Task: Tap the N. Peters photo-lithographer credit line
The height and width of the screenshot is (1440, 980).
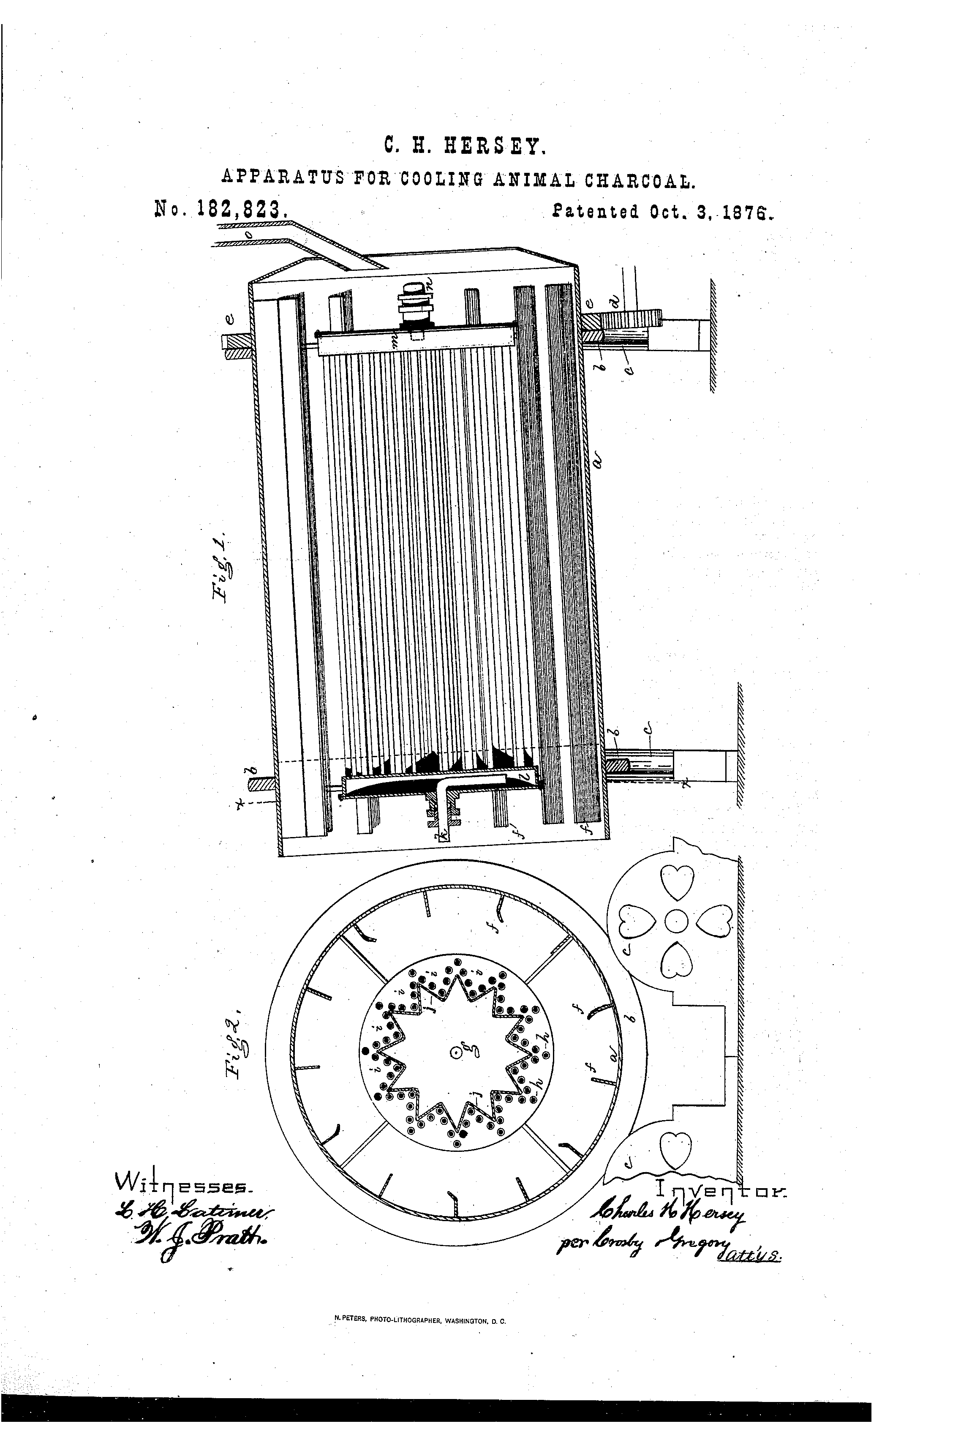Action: coord(420,1339)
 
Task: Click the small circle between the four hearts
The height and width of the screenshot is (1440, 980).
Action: coord(676,923)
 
